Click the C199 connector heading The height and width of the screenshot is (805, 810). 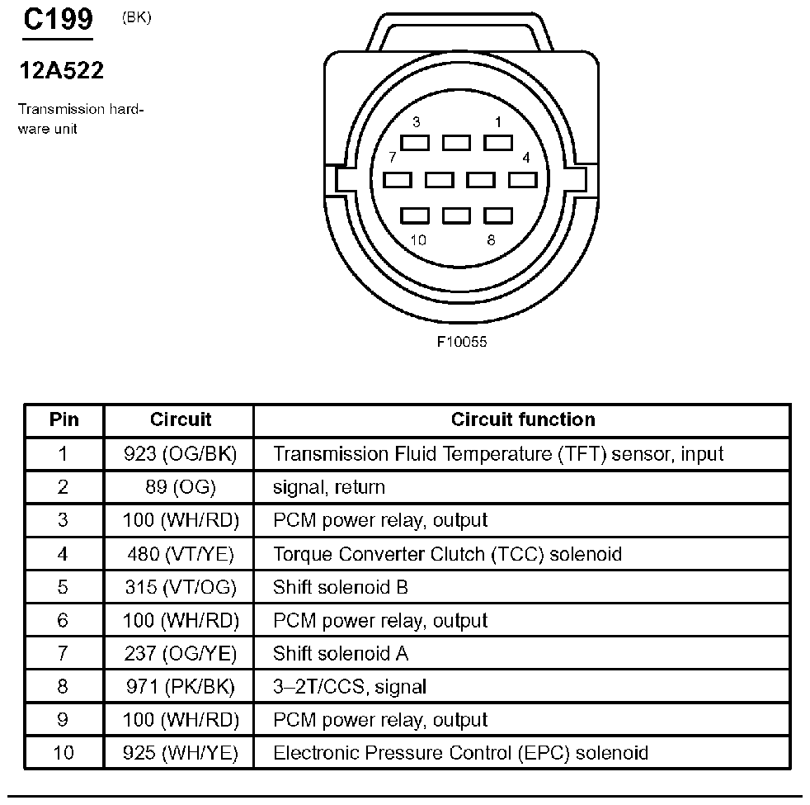[58, 20]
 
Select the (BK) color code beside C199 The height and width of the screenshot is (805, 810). [136, 17]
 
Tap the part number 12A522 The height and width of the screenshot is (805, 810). [62, 70]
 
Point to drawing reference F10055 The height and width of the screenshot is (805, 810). [462, 342]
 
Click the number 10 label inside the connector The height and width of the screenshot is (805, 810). [418, 240]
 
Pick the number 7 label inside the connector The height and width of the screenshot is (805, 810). [392, 157]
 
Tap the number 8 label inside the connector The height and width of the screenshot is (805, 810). [491, 240]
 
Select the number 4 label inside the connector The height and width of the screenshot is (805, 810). [526, 158]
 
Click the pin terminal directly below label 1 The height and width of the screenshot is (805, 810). [498, 143]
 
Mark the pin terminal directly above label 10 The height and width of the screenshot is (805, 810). [415, 216]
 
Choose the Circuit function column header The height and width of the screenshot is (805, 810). [523, 419]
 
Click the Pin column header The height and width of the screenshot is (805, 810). [64, 419]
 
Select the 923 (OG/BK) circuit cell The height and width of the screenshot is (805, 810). [180, 454]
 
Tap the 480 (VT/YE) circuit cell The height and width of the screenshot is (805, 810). [181, 554]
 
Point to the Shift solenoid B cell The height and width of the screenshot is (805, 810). [341, 587]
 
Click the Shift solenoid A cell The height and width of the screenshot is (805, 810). [341, 654]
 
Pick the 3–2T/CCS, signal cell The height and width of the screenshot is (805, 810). [350, 687]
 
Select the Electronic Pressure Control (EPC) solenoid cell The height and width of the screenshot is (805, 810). [460, 753]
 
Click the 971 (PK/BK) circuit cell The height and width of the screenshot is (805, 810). [181, 687]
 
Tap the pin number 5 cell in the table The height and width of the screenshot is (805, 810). [63, 587]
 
